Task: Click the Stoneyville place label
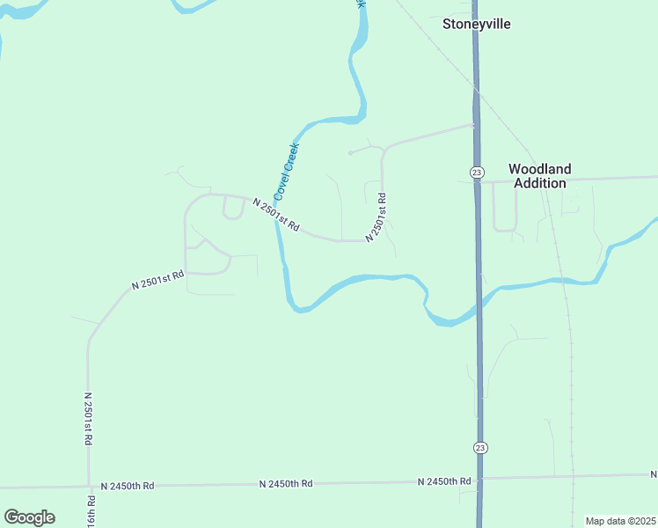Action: pos(476,25)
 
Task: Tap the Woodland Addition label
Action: pos(540,176)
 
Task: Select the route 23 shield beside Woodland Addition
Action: pos(477,171)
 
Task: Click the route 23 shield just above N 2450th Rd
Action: pos(479,448)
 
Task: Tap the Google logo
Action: pos(30,517)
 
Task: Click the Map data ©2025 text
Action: pos(620,521)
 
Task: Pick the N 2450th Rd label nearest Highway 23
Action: pos(444,481)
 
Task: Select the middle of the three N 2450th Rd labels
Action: pos(287,484)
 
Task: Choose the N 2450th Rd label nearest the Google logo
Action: pos(128,486)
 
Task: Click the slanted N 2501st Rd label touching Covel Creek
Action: pos(276,216)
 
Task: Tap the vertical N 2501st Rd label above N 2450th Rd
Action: pos(89,419)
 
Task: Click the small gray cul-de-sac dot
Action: pos(350,153)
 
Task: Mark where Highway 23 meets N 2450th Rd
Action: pos(480,479)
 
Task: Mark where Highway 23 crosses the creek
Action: pos(479,300)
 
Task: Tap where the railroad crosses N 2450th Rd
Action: pos(573,477)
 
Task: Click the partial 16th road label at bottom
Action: pos(91,510)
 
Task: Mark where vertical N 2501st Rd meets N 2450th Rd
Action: pos(89,486)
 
